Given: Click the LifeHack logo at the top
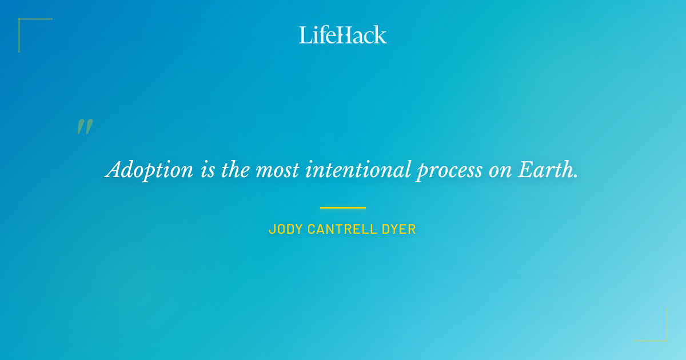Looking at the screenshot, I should [x=343, y=35].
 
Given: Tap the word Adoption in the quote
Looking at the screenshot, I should [x=150, y=170].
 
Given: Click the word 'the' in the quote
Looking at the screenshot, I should [x=236, y=170].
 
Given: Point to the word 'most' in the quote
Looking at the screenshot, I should [x=277, y=170].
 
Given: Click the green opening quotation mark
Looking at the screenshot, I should [x=85, y=127].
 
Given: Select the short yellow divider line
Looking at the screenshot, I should [x=343, y=207].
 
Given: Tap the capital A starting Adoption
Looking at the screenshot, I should [x=115, y=169].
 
